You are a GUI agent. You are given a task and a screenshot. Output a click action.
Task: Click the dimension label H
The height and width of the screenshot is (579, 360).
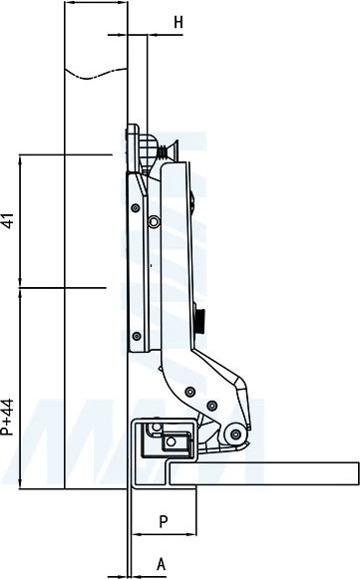(179, 23)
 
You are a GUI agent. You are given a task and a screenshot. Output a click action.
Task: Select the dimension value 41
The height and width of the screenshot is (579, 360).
(9, 220)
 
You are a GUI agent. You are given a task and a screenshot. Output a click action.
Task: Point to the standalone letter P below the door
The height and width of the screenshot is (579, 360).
(164, 521)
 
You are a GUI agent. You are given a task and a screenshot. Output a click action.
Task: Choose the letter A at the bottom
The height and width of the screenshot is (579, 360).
(162, 564)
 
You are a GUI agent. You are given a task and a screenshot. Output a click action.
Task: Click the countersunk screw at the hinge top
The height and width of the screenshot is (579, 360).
(169, 150)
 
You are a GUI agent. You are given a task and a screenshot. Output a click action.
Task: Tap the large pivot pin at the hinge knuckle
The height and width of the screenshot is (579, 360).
(235, 434)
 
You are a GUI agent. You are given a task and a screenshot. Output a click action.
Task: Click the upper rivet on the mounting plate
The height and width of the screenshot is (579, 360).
(136, 208)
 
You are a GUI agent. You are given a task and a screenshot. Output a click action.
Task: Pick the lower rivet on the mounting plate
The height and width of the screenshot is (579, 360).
(137, 336)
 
